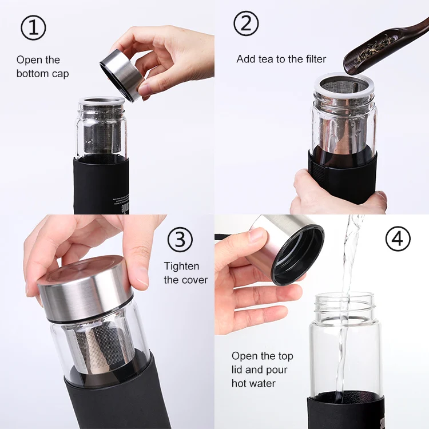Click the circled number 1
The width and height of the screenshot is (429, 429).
point(33,28)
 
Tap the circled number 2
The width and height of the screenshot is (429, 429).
point(246,23)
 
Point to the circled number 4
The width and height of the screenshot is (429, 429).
point(398,239)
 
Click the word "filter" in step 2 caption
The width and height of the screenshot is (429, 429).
point(313,59)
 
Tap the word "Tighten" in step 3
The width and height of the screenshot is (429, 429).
point(182,266)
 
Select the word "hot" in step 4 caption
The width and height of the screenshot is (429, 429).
point(241,383)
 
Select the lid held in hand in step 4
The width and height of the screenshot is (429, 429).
point(289,249)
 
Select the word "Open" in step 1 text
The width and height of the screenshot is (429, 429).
point(29,59)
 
